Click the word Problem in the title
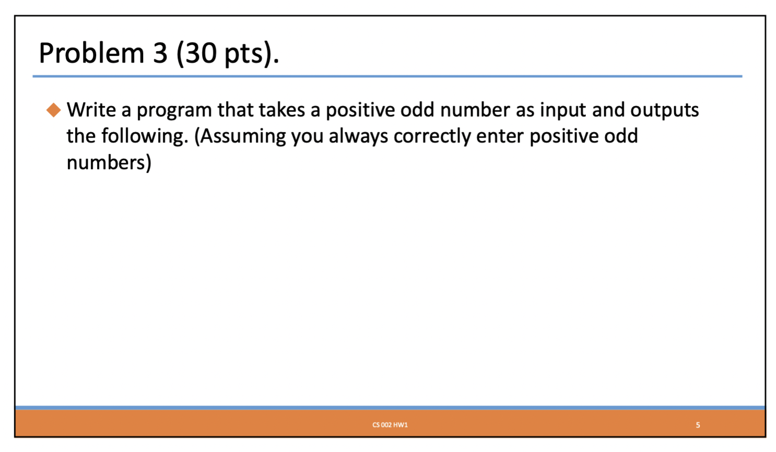click(91, 53)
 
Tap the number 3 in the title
click(160, 53)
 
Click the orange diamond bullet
click(54, 110)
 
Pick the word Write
click(91, 110)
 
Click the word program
click(174, 111)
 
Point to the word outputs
click(664, 111)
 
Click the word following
click(145, 136)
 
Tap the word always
click(358, 136)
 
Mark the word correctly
click(432, 136)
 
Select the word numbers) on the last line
click(109, 163)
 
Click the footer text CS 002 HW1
click(390, 425)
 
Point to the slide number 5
click(698, 425)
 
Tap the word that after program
click(235, 110)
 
